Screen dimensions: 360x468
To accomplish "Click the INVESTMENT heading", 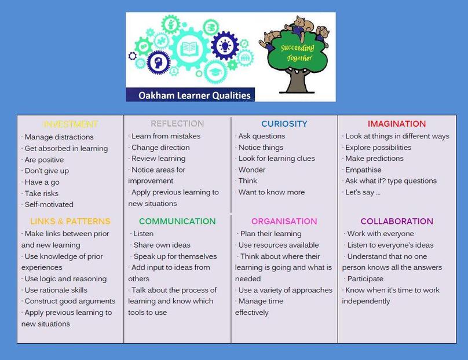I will (x=71, y=124).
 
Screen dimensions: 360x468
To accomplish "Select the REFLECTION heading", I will (x=177, y=123).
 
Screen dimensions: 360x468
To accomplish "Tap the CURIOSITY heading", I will (x=284, y=123).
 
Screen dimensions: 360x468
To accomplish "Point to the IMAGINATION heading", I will (x=397, y=123).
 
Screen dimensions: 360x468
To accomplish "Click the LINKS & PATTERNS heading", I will (x=70, y=221).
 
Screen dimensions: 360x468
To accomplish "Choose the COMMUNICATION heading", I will (x=177, y=221).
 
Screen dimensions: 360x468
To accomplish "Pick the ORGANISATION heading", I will (x=284, y=221).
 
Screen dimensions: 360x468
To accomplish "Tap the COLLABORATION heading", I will (x=397, y=221).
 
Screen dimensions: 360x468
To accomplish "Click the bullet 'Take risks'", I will (x=41, y=193).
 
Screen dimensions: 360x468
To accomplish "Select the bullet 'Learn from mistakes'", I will (x=166, y=136).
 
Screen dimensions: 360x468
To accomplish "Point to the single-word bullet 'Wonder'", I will (x=252, y=170).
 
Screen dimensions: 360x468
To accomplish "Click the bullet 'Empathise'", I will (x=363, y=170).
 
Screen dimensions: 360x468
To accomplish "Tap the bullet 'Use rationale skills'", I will (x=56, y=290).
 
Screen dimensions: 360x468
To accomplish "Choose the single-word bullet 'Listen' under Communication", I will (x=144, y=234).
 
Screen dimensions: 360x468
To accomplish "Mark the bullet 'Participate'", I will (x=365, y=279).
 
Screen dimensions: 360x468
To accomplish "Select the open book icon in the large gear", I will (x=189, y=48).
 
